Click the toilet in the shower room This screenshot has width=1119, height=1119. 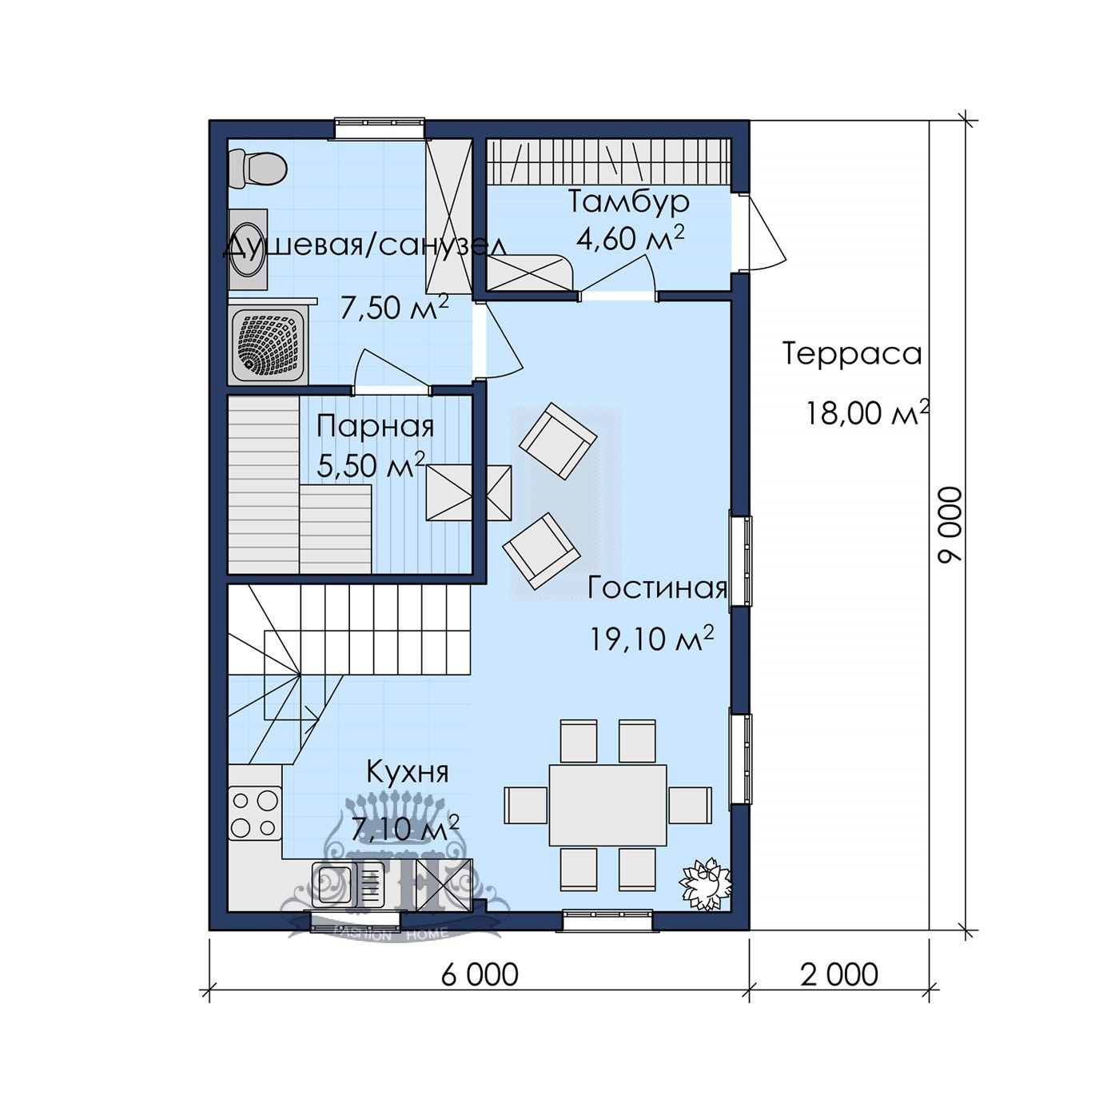click(x=257, y=169)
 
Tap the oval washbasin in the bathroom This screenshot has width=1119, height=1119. click(x=248, y=250)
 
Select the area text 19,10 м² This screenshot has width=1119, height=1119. click(x=652, y=638)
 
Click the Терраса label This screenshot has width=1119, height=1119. click(x=853, y=353)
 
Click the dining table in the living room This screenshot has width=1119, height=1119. click(x=608, y=805)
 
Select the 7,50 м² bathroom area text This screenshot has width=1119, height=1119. click(x=394, y=307)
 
